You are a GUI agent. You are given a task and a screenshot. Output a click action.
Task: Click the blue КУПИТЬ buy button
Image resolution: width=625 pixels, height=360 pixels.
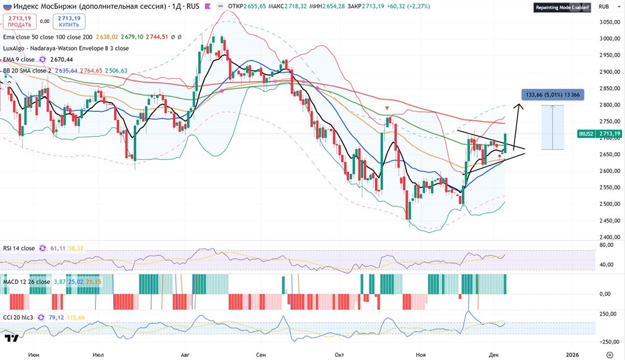click(69, 21)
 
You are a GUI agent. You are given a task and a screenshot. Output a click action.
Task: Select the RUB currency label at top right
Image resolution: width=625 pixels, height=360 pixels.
click(604, 7)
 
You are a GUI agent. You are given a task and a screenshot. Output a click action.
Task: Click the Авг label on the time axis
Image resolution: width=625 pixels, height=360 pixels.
click(184, 354)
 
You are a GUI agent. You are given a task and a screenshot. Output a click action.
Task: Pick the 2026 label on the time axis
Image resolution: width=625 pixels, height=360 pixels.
click(573, 354)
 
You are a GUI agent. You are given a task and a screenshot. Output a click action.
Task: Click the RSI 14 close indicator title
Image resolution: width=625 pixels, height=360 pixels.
click(19, 247)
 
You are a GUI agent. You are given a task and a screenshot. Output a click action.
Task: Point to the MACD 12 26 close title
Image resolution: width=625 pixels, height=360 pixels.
click(26, 282)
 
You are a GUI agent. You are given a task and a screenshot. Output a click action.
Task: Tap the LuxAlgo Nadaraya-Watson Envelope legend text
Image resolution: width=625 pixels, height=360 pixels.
click(66, 47)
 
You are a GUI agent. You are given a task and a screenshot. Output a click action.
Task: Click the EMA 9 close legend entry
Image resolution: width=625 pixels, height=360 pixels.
click(19, 59)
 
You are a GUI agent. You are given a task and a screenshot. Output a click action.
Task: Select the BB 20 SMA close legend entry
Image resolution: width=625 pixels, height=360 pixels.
click(31, 71)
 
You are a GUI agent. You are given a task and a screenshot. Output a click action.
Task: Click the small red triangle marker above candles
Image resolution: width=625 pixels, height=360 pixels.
click(387, 108)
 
